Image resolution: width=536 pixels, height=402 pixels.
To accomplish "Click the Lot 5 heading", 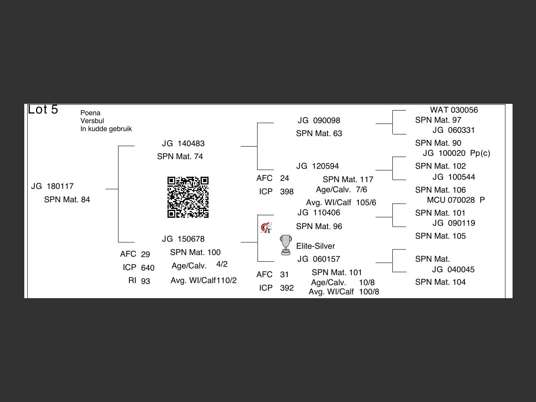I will tap(43, 110).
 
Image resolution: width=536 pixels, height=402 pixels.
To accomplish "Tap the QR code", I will tap(188, 197).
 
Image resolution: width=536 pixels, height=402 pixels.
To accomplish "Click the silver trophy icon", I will tap(286, 245).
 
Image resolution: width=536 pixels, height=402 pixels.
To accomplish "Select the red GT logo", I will tap(266, 228).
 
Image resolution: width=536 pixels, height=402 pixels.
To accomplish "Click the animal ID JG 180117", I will tap(52, 186).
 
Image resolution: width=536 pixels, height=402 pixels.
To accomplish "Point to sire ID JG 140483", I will tap(183, 144).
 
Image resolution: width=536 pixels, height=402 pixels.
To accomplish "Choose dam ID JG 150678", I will tap(183, 239).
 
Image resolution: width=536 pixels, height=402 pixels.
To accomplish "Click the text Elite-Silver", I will tap(315, 246).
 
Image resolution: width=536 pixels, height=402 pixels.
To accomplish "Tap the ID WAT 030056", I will tap(454, 110).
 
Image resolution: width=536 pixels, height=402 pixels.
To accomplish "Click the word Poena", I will tap(90, 113).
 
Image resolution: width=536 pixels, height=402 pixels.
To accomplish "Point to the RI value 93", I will tap(145, 281).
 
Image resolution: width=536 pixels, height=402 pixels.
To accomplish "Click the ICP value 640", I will tap(147, 268).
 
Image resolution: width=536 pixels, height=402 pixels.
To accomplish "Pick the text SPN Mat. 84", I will tap(67, 200).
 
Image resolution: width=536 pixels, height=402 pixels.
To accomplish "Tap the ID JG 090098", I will tap(319, 121).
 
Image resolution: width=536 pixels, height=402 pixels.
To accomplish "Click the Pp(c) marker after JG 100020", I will tap(480, 153).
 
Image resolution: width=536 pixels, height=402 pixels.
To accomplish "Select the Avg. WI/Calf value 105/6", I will tap(366, 203).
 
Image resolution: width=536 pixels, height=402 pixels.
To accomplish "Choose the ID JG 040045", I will tap(453, 270).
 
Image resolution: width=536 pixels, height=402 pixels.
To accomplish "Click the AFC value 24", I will tap(284, 178).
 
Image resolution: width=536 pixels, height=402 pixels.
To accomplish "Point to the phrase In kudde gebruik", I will tap(106, 129).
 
